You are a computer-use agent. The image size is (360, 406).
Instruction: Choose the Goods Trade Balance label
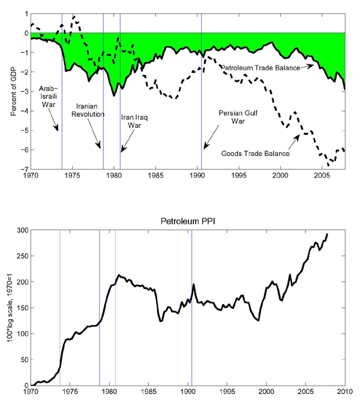click(x=255, y=154)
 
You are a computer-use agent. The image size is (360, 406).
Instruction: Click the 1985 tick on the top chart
click(x=155, y=176)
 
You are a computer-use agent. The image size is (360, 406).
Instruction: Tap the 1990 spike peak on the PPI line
click(x=194, y=284)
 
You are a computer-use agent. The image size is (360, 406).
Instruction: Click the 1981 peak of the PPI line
click(x=119, y=275)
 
